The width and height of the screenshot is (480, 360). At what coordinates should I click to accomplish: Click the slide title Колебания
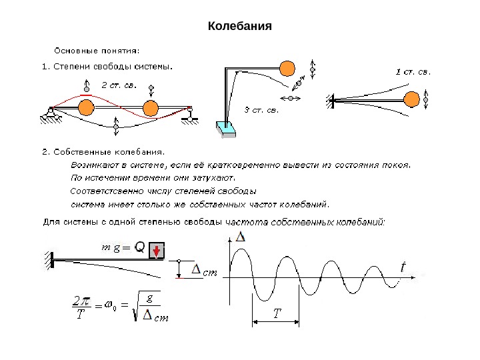tap(240, 27)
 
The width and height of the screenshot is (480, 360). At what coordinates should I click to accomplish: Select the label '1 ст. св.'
tap(413, 71)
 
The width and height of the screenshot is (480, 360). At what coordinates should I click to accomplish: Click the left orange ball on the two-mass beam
tap(86, 107)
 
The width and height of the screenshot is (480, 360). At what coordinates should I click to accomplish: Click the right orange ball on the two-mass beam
tap(150, 107)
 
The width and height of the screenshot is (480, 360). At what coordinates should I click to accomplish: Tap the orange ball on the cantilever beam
tap(411, 100)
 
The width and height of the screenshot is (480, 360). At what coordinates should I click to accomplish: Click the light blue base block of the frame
tap(226, 129)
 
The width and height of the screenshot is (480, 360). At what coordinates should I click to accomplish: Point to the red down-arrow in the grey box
tap(156, 250)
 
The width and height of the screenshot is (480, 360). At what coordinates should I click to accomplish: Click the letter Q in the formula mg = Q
tap(140, 248)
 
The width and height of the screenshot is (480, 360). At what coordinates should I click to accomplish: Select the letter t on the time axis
tap(403, 267)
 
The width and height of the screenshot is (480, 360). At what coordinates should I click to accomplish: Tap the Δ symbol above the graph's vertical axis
tap(241, 237)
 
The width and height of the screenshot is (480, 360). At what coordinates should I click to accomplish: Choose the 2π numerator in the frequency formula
tap(81, 301)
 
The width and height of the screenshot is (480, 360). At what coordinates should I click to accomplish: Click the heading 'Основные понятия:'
tap(96, 49)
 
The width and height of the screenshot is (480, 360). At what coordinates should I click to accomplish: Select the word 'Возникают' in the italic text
tap(95, 163)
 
